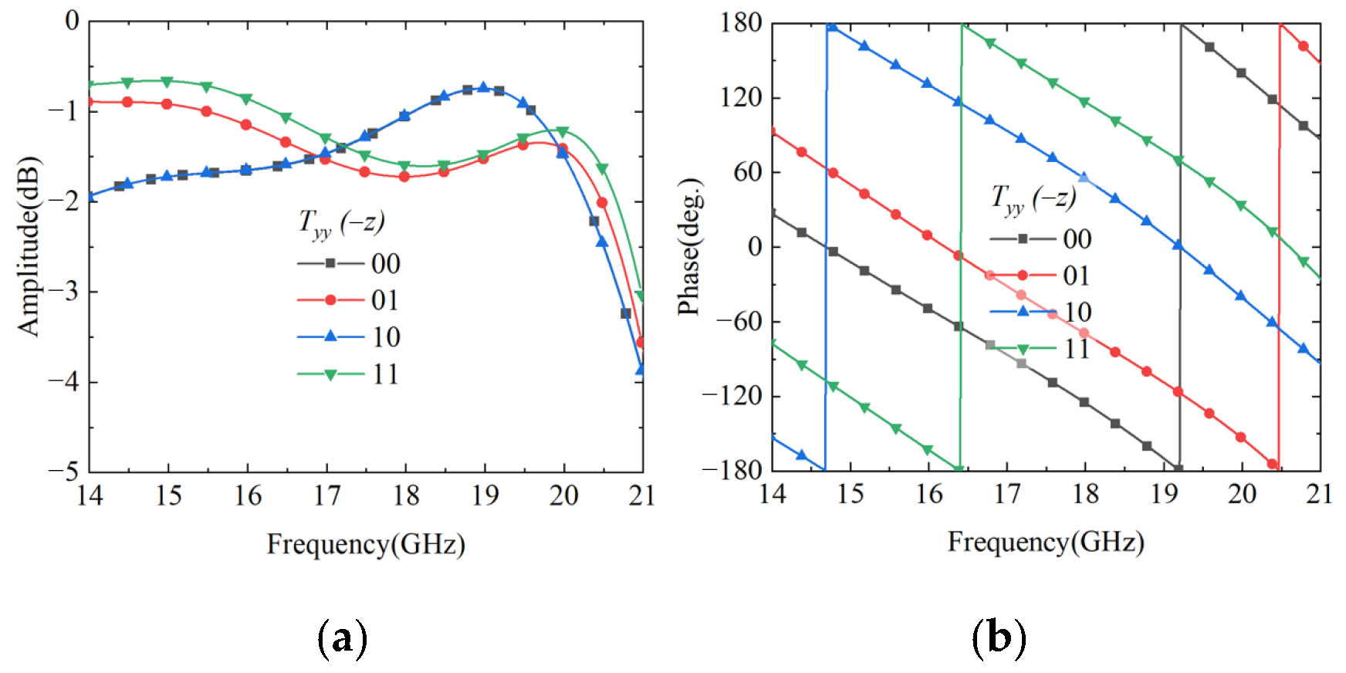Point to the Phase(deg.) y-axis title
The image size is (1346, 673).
(x=688, y=247)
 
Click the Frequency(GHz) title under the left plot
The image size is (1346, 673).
(x=366, y=544)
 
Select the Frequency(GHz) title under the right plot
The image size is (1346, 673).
(x=1045, y=542)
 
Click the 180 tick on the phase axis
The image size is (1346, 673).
(x=741, y=23)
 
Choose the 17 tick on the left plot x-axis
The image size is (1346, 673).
(x=326, y=495)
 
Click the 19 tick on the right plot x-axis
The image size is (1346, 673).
(x=1164, y=494)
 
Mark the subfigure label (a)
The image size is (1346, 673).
(x=342, y=638)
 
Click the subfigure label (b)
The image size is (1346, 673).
(x=999, y=638)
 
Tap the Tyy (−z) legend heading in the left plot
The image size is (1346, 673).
(x=341, y=223)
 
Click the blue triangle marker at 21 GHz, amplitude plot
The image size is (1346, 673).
(x=640, y=370)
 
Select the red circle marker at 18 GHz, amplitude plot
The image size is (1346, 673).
(x=404, y=177)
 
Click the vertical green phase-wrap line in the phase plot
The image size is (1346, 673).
(x=961, y=247)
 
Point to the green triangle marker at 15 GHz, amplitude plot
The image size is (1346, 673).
(x=167, y=81)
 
